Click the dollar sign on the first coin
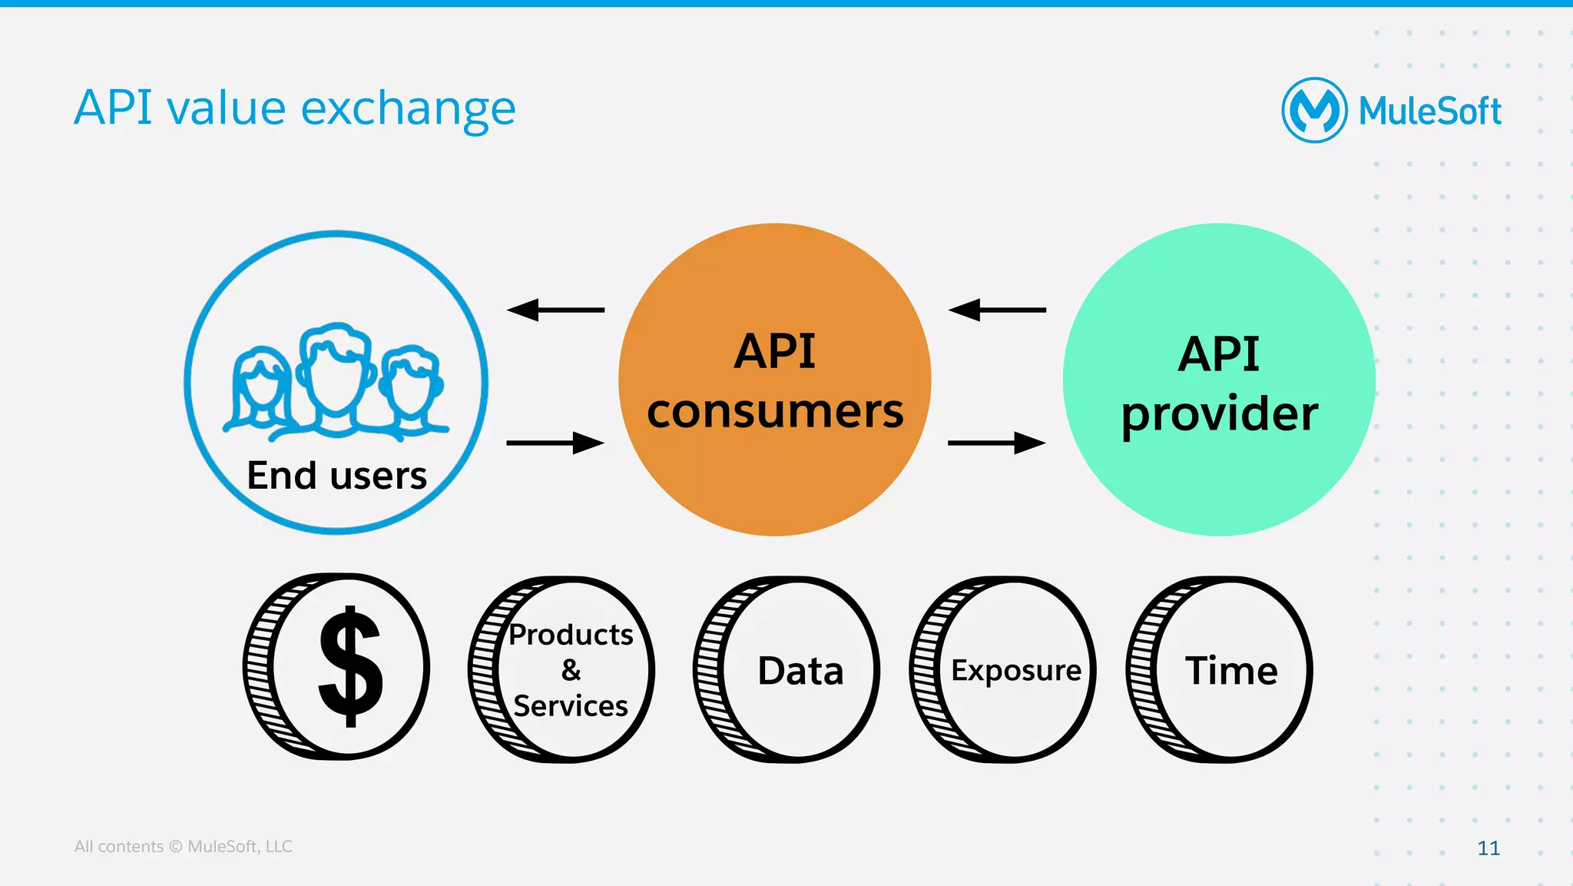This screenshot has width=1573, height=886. [x=350, y=665]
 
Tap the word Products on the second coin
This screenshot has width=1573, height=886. [x=571, y=635]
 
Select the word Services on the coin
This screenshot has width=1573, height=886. [x=571, y=705]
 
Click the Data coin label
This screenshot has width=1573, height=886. [x=800, y=671]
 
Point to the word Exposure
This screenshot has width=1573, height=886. [x=1016, y=670]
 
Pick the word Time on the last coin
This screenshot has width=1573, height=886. [x=1231, y=670]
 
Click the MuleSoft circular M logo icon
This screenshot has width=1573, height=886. [x=1314, y=110]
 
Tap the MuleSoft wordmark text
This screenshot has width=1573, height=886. [x=1429, y=111]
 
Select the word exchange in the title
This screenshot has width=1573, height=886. [x=408, y=108]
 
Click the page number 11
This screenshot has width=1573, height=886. [x=1488, y=848]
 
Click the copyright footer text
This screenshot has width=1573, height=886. [x=183, y=846]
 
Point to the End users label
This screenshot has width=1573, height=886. [x=336, y=475]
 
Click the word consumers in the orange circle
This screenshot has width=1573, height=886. [x=775, y=411]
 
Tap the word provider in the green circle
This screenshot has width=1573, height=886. [x=1219, y=414]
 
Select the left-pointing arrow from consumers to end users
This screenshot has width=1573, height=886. [x=555, y=310]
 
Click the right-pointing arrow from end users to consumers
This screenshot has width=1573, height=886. [x=555, y=443]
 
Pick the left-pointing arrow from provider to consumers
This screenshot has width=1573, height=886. [x=997, y=310]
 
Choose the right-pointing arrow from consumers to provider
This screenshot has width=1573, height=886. [x=997, y=443]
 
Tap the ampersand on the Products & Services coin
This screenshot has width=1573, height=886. [x=571, y=670]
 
